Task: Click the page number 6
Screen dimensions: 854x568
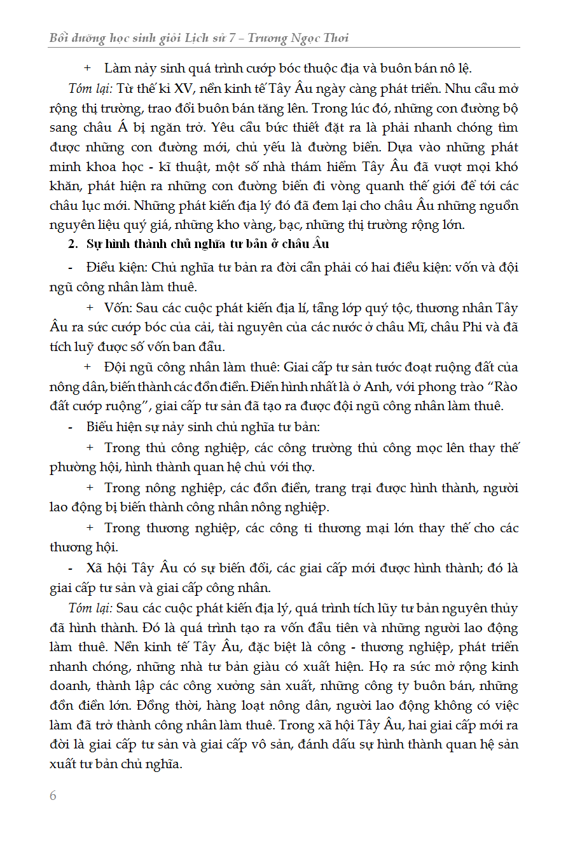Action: (53, 796)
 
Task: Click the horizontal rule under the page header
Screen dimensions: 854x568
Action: (284, 48)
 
